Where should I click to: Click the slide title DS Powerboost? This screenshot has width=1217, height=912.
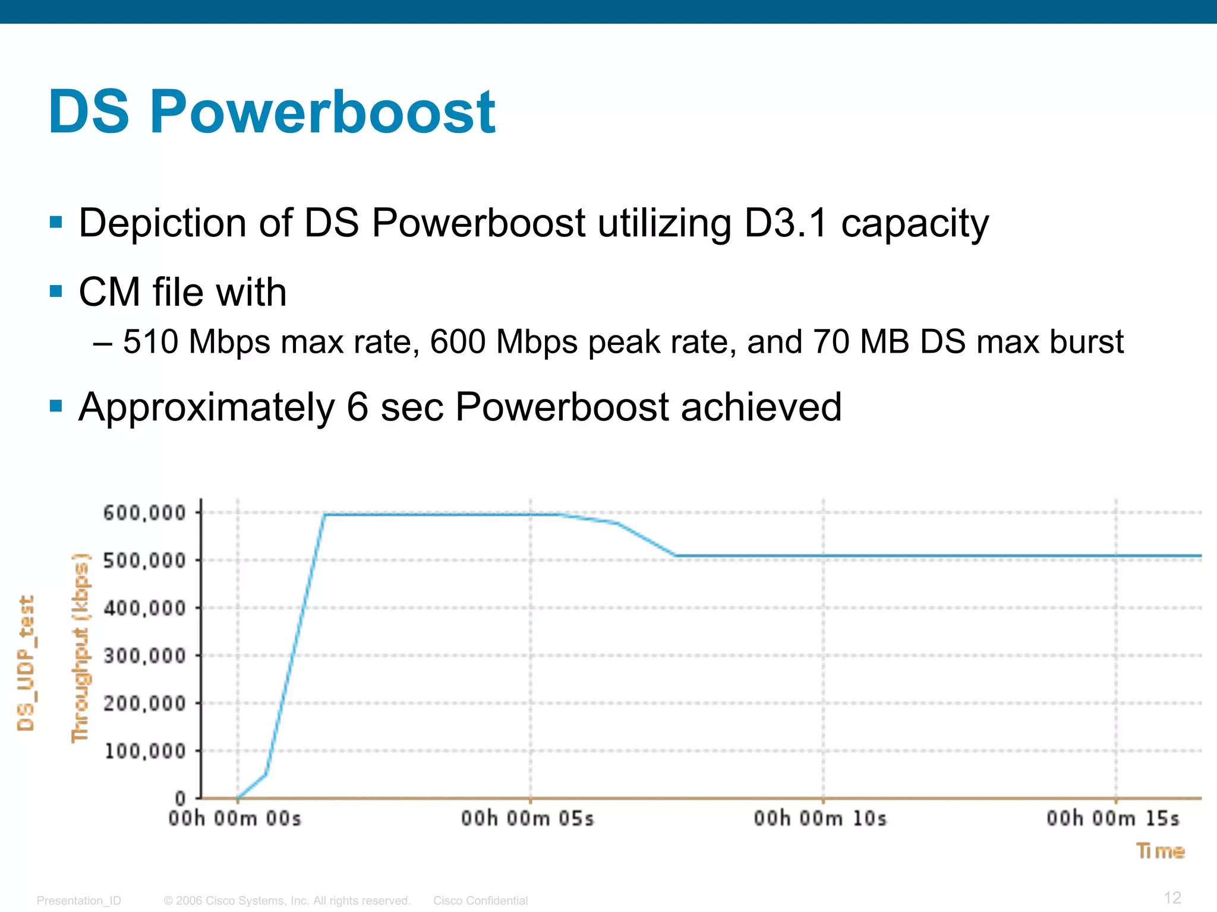click(272, 112)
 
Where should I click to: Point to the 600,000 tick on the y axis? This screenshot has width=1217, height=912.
click(144, 512)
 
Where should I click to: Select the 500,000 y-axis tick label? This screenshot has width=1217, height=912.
click(144, 560)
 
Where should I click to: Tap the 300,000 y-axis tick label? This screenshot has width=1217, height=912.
click(144, 655)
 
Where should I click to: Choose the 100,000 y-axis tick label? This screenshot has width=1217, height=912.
click(144, 751)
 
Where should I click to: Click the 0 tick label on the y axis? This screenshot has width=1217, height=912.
click(180, 799)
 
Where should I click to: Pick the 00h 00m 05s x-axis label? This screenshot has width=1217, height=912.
click(528, 819)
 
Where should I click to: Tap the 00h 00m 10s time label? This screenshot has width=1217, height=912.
click(820, 819)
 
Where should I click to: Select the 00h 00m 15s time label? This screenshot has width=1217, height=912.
click(1113, 819)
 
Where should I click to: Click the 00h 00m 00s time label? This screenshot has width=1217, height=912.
click(235, 819)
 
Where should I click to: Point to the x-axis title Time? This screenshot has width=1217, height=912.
click(1161, 851)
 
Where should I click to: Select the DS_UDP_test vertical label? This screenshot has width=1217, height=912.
click(26, 663)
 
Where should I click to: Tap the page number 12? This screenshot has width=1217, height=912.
click(1172, 898)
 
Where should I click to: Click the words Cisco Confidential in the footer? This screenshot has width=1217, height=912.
click(480, 901)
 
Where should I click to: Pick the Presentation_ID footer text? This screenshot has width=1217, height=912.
click(78, 901)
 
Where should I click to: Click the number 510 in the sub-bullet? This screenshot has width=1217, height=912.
click(150, 342)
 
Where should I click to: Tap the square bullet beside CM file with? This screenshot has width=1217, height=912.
click(56, 292)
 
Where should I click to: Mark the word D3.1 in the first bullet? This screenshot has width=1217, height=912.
click(786, 223)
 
